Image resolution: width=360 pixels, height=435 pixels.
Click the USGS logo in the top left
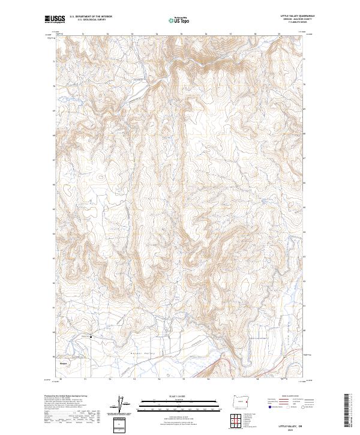pyautogui.click(x=55, y=19)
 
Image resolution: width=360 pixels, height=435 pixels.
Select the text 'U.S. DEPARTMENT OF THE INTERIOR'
pyautogui.click(x=90, y=17)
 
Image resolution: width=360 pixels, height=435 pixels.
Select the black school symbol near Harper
pyautogui.click(x=91, y=337)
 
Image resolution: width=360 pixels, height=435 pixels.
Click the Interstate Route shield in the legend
pyautogui.click(x=265, y=407)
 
